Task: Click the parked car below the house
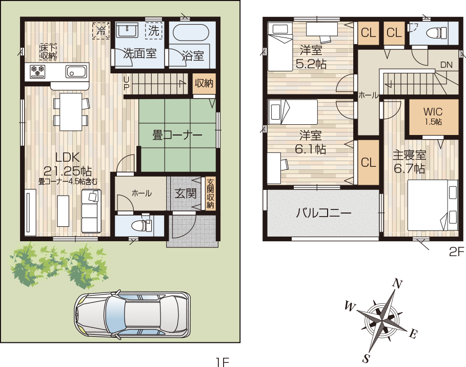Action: coord(132,316)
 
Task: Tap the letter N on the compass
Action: coord(398,284)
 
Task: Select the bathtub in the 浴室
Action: coord(191,32)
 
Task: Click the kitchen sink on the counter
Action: coord(76,71)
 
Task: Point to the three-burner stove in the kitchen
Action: coord(38,71)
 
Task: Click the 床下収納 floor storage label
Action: coord(48,52)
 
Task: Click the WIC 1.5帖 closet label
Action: coord(433,116)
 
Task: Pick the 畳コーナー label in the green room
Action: coord(177,136)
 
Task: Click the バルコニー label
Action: coord(323,213)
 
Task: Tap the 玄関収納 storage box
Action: coord(210,194)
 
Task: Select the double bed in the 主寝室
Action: coord(432,205)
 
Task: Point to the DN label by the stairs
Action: coord(447,65)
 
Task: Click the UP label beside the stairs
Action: coord(127,83)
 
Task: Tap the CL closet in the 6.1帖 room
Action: coord(369,163)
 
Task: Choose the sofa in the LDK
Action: coord(91,211)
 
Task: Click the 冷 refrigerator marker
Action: coord(101,30)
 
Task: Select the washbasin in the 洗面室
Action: coord(127,30)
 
